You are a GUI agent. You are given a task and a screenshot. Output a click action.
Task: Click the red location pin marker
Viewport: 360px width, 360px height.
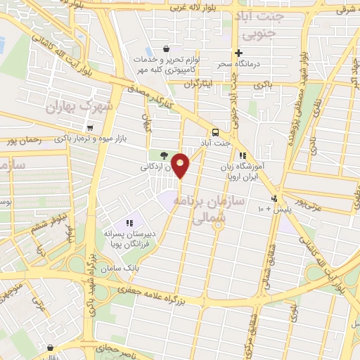point(181,165)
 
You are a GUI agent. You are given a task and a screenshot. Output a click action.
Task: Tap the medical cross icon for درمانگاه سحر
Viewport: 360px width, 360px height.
point(238,53)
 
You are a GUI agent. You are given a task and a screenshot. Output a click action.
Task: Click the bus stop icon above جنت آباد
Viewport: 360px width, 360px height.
point(215,132)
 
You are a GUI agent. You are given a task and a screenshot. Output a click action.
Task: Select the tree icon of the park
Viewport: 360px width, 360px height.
point(164,155)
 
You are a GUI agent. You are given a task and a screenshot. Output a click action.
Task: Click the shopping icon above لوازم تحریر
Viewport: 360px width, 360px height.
point(165,49)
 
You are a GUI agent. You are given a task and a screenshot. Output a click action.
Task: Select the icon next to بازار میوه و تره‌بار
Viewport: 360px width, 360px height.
point(90,128)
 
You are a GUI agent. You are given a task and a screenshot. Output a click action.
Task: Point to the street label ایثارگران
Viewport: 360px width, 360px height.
point(197,84)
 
